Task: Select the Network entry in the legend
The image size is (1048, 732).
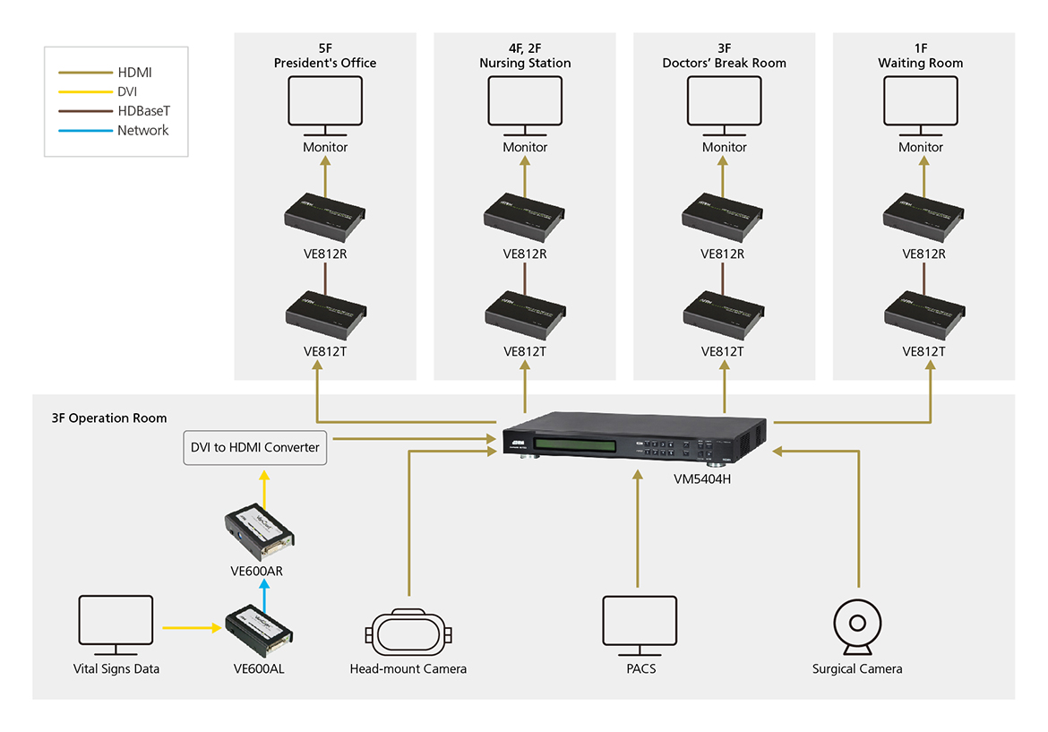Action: coord(142,131)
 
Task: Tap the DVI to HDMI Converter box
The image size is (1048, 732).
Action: coord(255,447)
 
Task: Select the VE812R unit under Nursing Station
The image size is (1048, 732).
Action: coord(525,215)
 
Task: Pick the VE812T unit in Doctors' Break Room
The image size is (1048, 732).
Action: coord(723,313)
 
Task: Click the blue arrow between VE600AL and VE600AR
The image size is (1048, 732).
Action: coord(264,592)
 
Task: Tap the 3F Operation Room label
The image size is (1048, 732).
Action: coord(109,418)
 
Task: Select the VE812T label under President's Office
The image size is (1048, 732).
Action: coord(325,351)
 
